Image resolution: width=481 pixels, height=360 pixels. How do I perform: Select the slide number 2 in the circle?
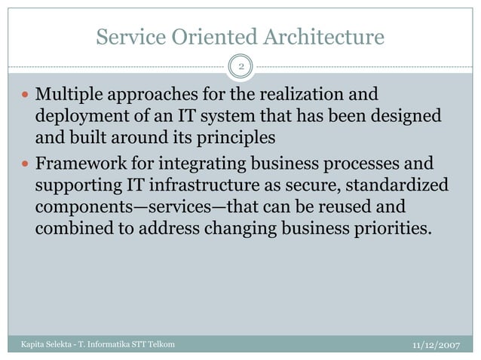[x=240, y=67]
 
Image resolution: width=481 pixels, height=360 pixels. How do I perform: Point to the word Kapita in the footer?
[x=25, y=344]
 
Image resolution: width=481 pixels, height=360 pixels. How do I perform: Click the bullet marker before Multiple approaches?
[x=26, y=96]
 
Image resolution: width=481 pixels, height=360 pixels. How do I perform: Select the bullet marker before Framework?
[x=26, y=163]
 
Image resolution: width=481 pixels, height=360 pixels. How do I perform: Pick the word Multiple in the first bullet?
[x=68, y=96]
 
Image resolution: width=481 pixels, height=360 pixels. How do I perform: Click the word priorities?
[x=396, y=227]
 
